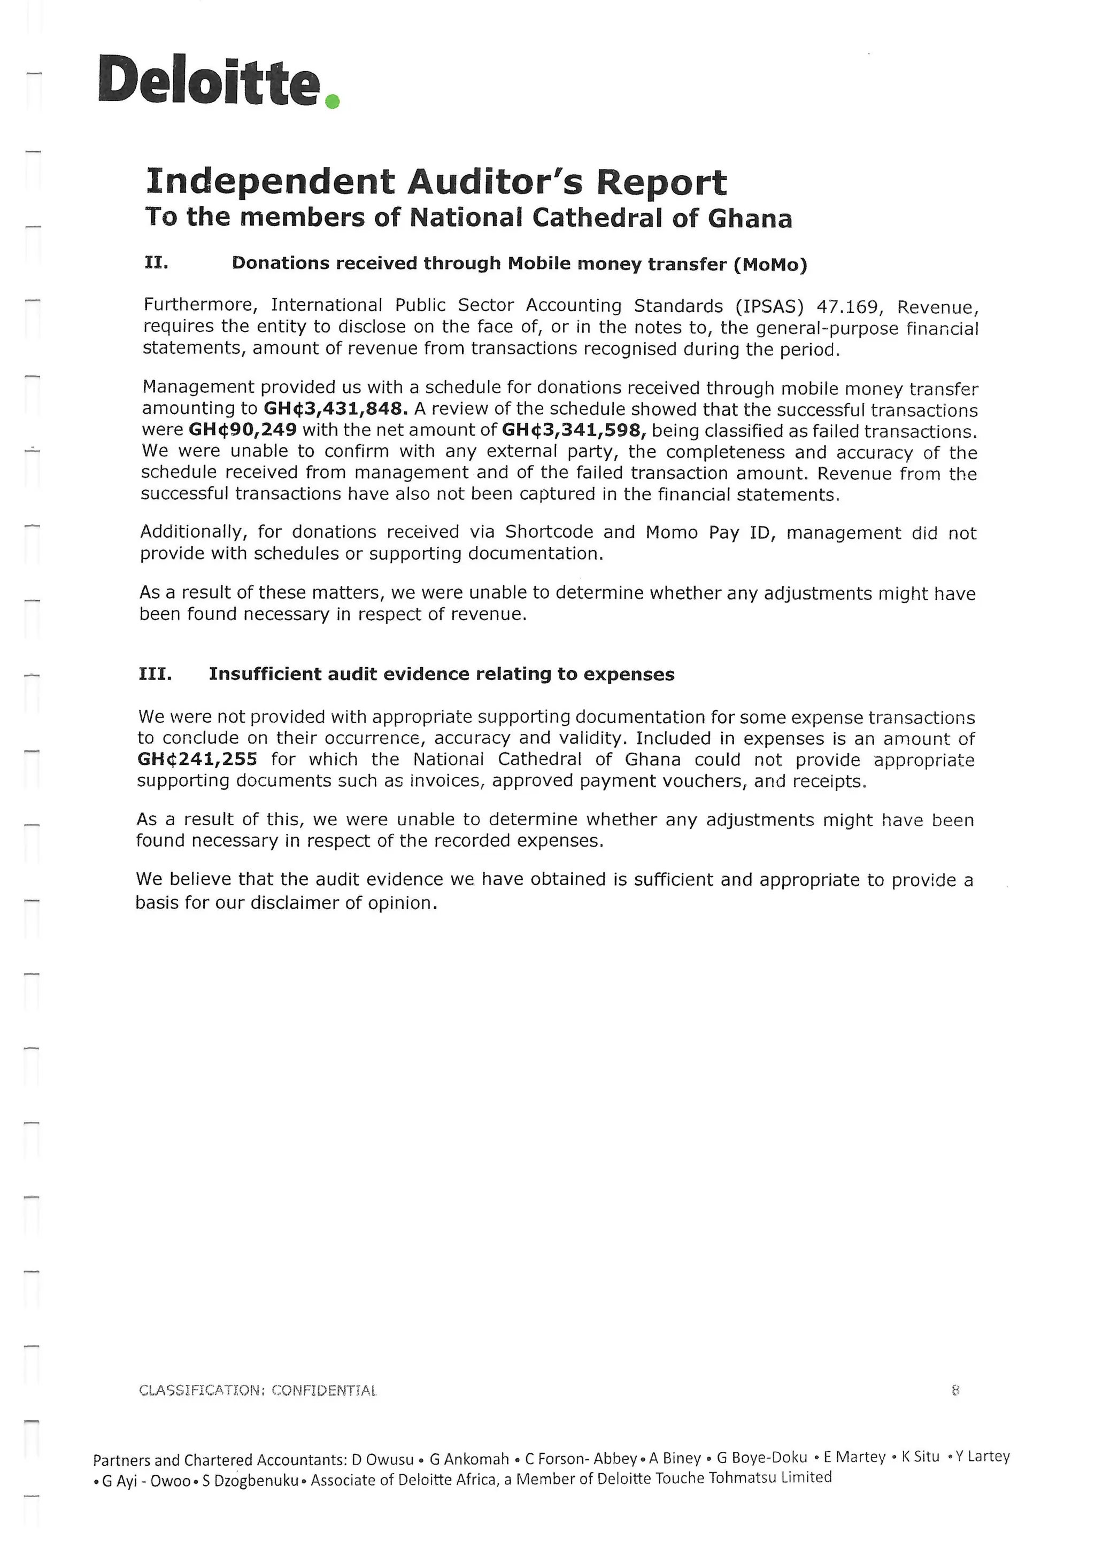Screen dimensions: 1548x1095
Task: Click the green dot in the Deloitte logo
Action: (x=331, y=101)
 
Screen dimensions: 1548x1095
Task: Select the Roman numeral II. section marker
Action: (x=157, y=262)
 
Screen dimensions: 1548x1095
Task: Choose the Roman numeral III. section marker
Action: (x=155, y=674)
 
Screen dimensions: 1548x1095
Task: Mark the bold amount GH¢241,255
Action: (x=197, y=759)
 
